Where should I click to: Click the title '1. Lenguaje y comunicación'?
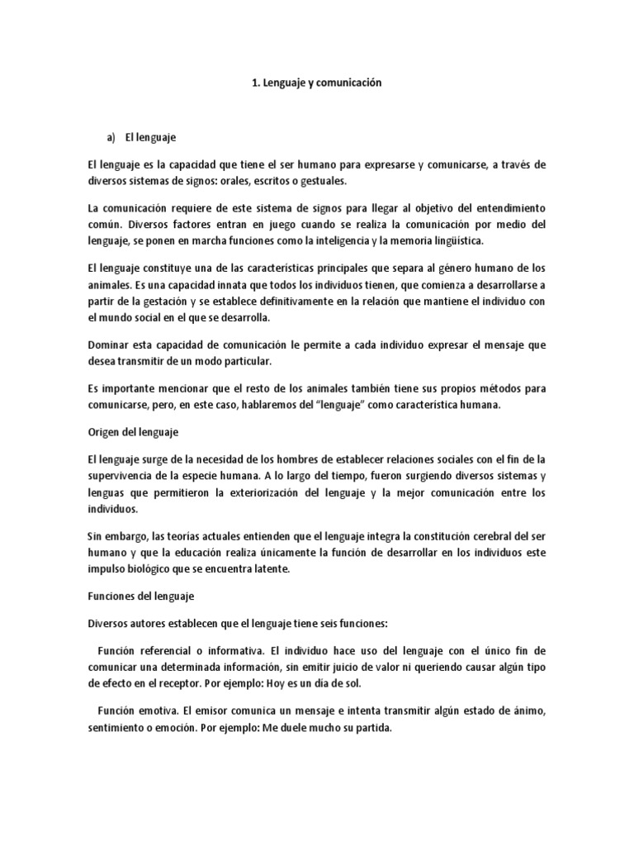tap(317, 83)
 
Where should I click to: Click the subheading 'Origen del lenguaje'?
tap(134, 432)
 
